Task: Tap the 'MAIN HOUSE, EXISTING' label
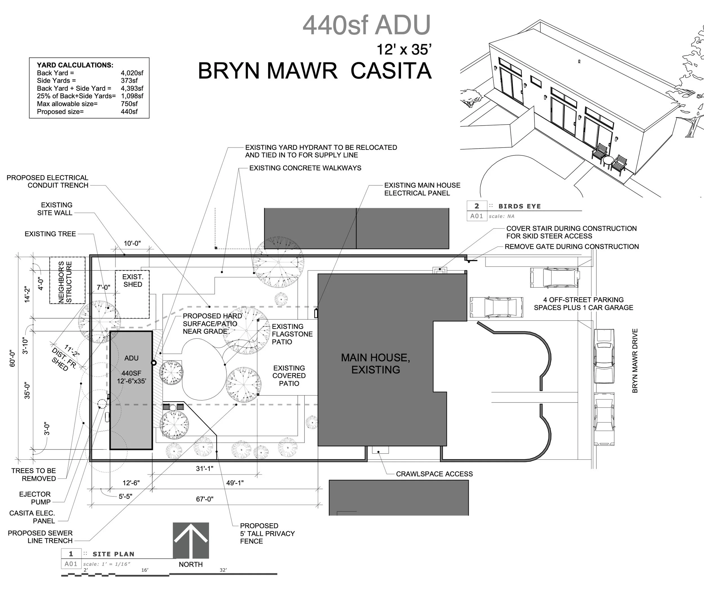[x=375, y=364]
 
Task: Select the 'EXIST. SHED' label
[x=133, y=280]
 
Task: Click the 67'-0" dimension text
[x=204, y=499]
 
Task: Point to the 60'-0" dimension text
[x=12, y=359]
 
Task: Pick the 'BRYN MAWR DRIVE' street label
[x=635, y=360]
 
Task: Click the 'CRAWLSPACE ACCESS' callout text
[x=434, y=474]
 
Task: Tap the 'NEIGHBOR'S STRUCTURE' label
[x=65, y=282]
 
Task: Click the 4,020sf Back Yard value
[x=132, y=73]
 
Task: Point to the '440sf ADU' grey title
[x=366, y=25]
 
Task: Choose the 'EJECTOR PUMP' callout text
[x=35, y=498]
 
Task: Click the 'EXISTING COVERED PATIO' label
[x=289, y=376]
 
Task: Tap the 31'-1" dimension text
[x=204, y=469]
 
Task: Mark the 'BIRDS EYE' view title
[x=519, y=206]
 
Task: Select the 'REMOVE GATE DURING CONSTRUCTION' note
[x=572, y=247]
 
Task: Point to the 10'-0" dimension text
[x=132, y=243]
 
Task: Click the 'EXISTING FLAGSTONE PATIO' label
[x=292, y=334]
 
